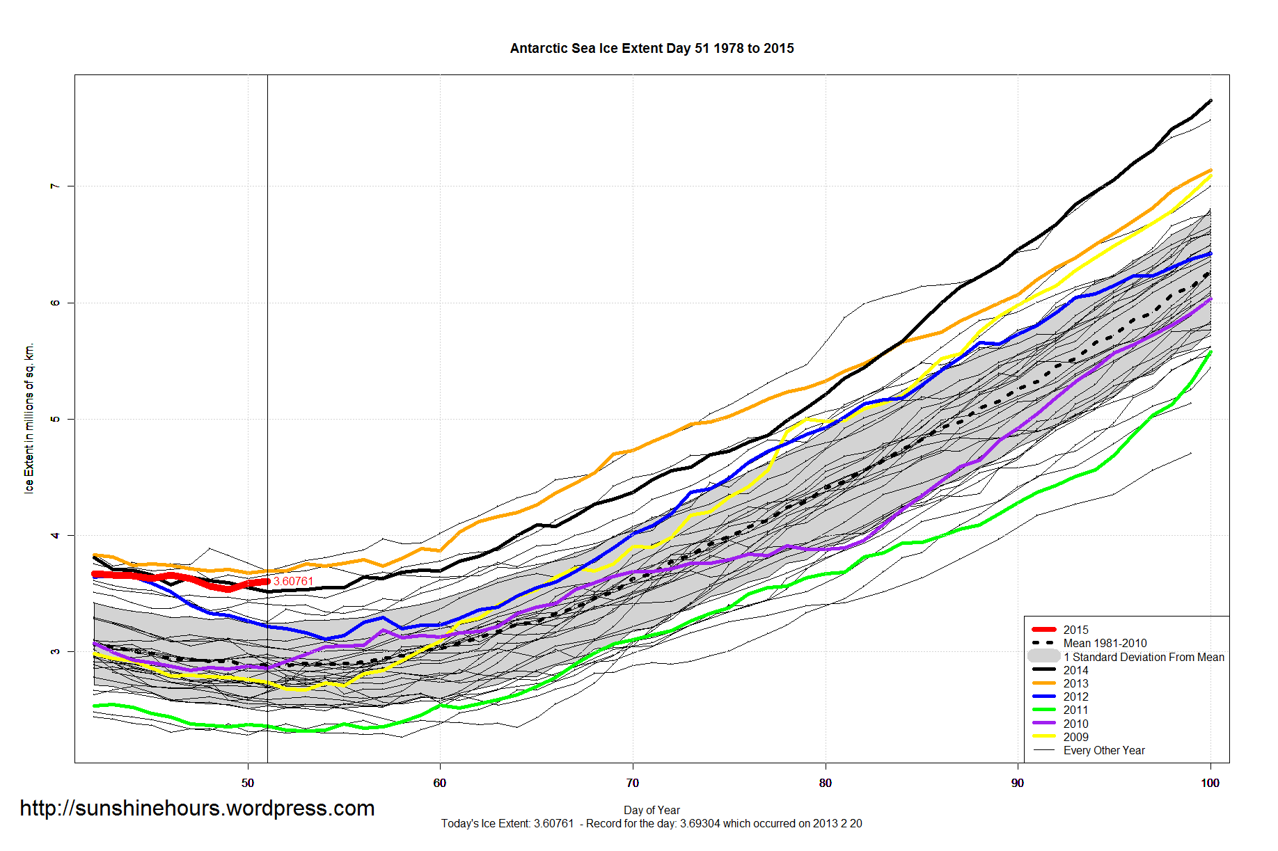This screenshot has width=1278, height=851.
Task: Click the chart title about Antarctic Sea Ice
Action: [652, 49]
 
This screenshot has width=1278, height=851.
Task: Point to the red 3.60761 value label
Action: [293, 581]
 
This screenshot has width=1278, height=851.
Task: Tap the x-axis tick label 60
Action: [440, 783]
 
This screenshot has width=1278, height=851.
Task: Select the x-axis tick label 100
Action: [1210, 783]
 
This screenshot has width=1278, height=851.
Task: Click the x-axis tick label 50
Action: [248, 783]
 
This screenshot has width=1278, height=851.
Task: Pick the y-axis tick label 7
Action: [54, 186]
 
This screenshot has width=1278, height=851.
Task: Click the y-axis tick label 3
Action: [54, 651]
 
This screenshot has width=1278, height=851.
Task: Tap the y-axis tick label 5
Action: [54, 419]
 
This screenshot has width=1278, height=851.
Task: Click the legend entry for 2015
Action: [1075, 630]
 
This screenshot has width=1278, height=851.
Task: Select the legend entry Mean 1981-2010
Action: [1105, 643]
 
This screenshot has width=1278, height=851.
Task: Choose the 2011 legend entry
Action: [1075, 710]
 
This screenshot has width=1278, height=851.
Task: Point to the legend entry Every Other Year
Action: [1104, 750]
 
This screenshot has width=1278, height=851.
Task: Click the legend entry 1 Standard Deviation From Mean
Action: [1144, 657]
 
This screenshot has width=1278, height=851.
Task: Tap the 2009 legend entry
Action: [1075, 737]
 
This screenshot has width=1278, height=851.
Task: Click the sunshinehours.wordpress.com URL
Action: [197, 809]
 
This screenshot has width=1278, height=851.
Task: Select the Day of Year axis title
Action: [652, 810]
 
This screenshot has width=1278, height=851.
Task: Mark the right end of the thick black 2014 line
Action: [1210, 101]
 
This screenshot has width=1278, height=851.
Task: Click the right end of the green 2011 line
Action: [1210, 352]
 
